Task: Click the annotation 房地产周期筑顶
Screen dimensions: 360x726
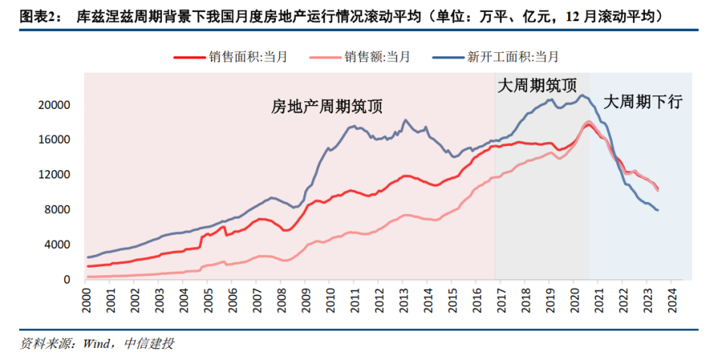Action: click(327, 107)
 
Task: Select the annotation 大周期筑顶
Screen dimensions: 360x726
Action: click(541, 85)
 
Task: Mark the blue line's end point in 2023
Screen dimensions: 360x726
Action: click(657, 210)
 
